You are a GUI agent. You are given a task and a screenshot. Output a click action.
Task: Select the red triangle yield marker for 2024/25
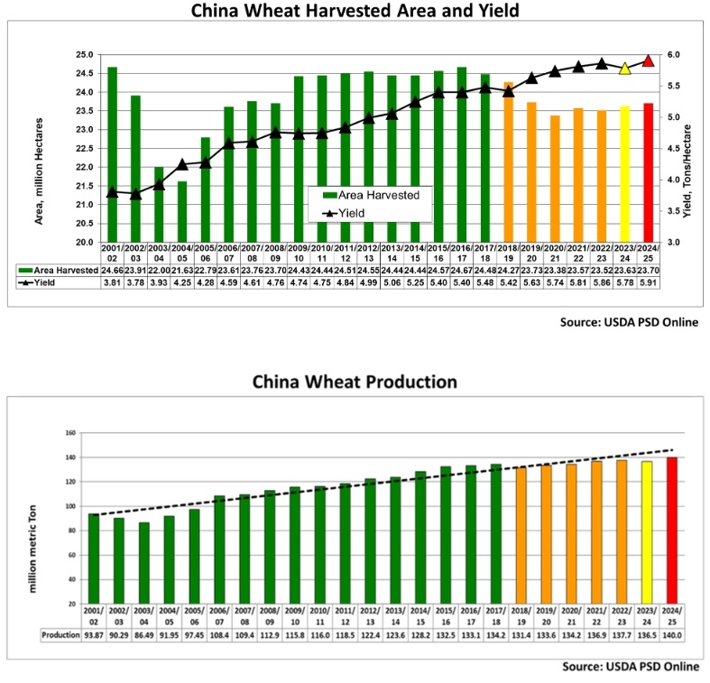pyautogui.click(x=649, y=60)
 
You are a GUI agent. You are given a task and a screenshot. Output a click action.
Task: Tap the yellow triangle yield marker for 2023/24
pyautogui.click(x=624, y=69)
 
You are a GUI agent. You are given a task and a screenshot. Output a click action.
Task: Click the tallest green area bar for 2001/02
pyautogui.click(x=112, y=154)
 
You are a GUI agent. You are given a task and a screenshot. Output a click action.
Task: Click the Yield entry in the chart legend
pyautogui.click(x=361, y=211)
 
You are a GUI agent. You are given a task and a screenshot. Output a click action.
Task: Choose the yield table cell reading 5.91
pyautogui.click(x=649, y=282)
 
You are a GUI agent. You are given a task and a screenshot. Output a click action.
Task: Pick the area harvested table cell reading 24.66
pyautogui.click(x=112, y=269)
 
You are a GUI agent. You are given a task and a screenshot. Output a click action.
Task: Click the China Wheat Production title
pyautogui.click(x=355, y=381)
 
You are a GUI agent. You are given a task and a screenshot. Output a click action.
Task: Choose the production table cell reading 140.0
pyautogui.click(x=671, y=635)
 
